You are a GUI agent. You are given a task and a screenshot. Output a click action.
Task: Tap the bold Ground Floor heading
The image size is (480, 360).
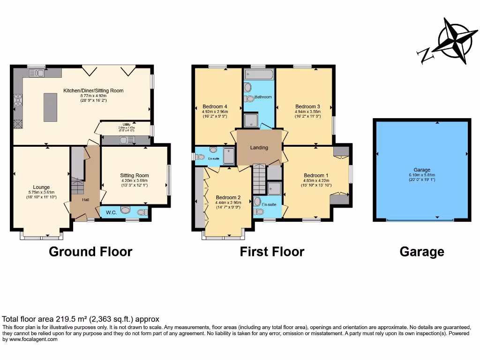pos(90,252)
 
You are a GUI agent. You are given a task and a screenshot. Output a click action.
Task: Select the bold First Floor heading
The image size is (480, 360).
pos(272,252)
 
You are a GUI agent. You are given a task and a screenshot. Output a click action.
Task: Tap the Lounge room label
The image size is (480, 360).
pos(41,187)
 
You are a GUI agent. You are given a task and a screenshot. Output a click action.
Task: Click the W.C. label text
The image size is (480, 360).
pos(111,212)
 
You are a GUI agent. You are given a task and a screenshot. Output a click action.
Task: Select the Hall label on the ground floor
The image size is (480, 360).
pos(86,200)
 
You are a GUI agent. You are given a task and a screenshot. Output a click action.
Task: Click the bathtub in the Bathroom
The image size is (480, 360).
pos(259,75)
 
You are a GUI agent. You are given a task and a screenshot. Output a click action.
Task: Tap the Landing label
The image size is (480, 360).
pos(259,148)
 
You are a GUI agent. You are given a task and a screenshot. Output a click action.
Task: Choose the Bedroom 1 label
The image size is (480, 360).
pos(317,176)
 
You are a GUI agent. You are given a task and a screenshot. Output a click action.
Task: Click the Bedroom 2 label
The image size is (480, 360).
pos(228,197)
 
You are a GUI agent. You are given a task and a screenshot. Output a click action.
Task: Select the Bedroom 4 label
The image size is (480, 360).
pos(215,106)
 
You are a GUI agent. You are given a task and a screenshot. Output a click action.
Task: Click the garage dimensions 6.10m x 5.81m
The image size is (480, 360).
pos(422,175)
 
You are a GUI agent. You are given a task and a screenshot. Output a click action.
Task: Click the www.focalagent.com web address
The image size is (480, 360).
pos(30,339)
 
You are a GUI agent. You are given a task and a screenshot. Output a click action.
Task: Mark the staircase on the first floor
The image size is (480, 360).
pos(259,179)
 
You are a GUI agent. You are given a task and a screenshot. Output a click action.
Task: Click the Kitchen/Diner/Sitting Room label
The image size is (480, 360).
pos(94,90)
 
